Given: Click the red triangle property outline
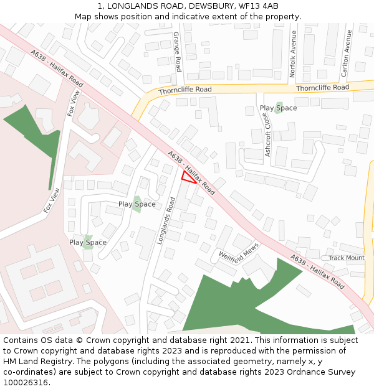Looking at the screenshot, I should click(x=188, y=177).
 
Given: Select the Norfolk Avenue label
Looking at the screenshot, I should click(x=293, y=54).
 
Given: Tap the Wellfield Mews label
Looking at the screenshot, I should click(x=239, y=257).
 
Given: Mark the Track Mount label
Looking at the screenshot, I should click(x=347, y=258).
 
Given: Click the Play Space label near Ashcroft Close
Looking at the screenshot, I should click(x=278, y=108).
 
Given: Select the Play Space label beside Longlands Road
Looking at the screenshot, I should click(x=137, y=204).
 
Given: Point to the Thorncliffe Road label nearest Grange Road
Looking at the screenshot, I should click(x=185, y=90).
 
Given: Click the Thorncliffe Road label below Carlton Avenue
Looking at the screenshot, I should click(x=322, y=88).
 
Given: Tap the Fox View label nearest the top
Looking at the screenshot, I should click(x=74, y=103).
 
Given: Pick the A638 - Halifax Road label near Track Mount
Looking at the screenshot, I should click(x=317, y=272).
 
